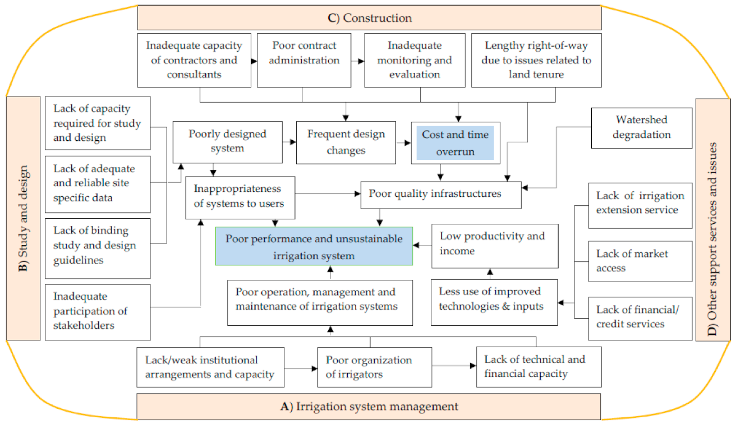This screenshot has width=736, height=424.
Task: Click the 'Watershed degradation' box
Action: pos(642,128)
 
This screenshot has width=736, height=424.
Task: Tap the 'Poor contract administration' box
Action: pos(304,60)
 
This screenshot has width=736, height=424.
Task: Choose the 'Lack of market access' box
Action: pos(640,261)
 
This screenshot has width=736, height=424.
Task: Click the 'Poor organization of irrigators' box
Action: pos(374,367)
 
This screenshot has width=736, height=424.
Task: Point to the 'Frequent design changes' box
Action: pos(346,142)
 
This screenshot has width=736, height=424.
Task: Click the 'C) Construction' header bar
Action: pos(369,18)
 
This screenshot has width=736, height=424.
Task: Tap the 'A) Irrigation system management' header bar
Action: pos(369,407)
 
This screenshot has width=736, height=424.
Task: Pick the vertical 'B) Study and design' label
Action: pos(23,218)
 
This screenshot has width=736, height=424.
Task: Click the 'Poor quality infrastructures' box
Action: pos(440,193)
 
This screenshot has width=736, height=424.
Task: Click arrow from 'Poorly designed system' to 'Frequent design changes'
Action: pos(289,142)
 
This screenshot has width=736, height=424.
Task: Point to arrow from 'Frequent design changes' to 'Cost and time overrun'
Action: pos(404,142)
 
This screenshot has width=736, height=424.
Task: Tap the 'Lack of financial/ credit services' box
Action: pos(640,316)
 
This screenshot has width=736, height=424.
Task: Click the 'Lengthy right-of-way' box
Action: pos(530,60)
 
